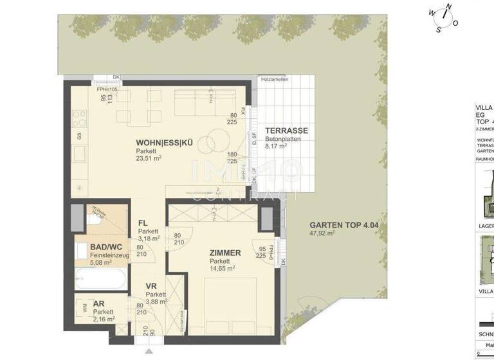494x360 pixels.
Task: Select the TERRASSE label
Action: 286,130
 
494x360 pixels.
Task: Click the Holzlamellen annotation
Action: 275,79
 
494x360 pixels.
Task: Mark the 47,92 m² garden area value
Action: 322,234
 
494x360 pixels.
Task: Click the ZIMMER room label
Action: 225,253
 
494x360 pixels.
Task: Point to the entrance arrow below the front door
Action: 149,352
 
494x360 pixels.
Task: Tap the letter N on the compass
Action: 448,7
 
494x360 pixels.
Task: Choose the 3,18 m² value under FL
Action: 149,240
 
